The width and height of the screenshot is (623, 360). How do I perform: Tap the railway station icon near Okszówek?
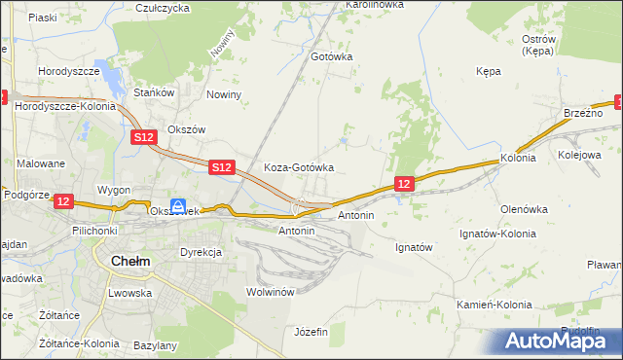tap(178, 205)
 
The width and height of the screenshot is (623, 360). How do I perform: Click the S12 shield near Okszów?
tap(144, 138)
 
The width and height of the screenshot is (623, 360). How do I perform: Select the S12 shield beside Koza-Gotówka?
tap(222, 167)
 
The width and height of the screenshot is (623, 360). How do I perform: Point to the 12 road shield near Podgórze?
tap(63, 200)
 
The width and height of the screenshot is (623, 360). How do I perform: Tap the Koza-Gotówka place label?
tap(299, 167)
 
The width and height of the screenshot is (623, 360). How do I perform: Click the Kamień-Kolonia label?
tap(495, 305)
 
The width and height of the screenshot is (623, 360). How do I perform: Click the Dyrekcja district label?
tap(202, 252)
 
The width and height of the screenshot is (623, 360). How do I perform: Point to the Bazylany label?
tap(156, 345)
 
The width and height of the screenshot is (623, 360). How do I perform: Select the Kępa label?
tap(488, 71)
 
